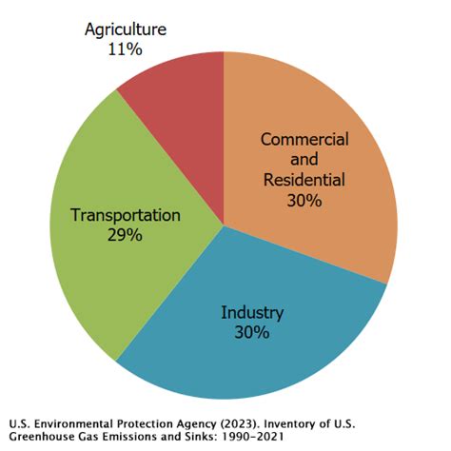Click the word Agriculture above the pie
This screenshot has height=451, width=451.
pos(125,29)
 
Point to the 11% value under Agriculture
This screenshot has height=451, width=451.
pos(125,49)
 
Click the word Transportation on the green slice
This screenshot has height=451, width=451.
pos(125,215)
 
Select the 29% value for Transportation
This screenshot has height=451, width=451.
pos(125,234)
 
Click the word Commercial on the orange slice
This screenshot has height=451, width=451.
pos(304,140)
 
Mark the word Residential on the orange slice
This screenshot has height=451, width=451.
pos(304,180)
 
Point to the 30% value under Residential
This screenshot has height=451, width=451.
pos(304,200)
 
